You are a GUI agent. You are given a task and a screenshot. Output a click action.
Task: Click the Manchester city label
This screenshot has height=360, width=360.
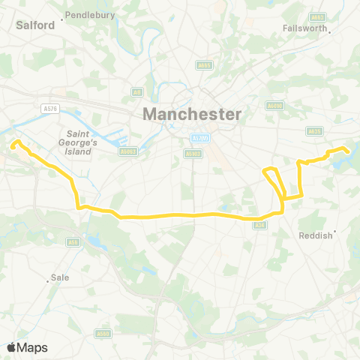[192, 115]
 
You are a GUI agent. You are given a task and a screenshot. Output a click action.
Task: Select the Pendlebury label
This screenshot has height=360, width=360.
[89, 14]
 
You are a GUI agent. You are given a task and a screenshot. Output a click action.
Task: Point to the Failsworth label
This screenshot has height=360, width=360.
[305, 28]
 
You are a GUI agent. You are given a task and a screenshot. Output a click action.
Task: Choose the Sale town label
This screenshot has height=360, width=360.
[59, 277]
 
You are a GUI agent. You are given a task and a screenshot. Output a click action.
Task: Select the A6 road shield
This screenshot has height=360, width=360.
[136, 91]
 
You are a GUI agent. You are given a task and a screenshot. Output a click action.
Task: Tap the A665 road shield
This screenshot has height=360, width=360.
[204, 66]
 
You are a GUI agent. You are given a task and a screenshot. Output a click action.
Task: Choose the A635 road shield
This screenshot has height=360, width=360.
[315, 130]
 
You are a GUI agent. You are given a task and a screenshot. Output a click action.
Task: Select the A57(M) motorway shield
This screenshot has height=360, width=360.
[199, 138]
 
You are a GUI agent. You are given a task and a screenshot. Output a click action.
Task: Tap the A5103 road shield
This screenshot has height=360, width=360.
[191, 154]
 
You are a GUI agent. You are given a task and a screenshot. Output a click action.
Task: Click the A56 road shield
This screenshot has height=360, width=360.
[73, 241]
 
